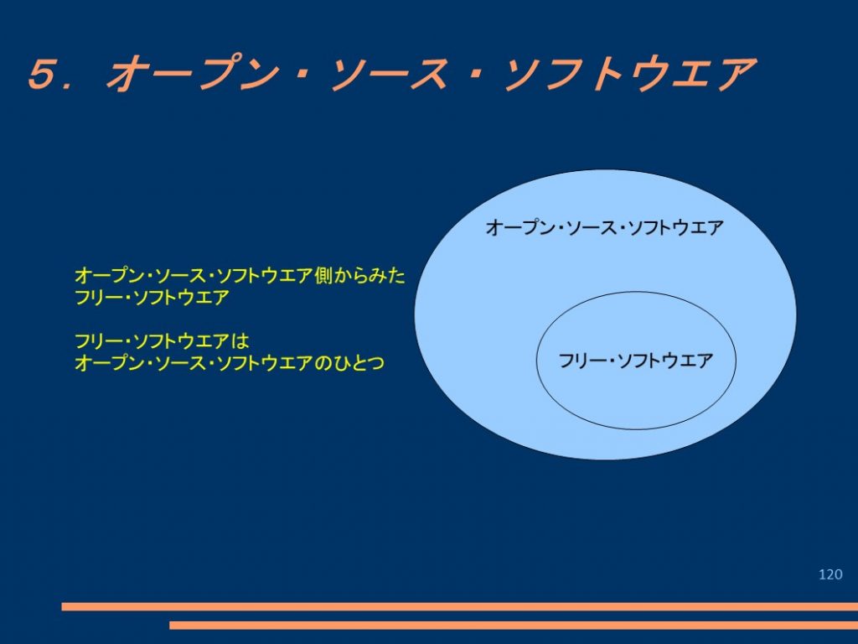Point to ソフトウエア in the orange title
629,74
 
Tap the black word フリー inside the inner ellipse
580,361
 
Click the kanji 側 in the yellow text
323,275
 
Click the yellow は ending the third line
240,341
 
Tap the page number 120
830,574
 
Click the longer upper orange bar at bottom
460,606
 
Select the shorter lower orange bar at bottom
514,625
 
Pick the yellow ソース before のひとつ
180,362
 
